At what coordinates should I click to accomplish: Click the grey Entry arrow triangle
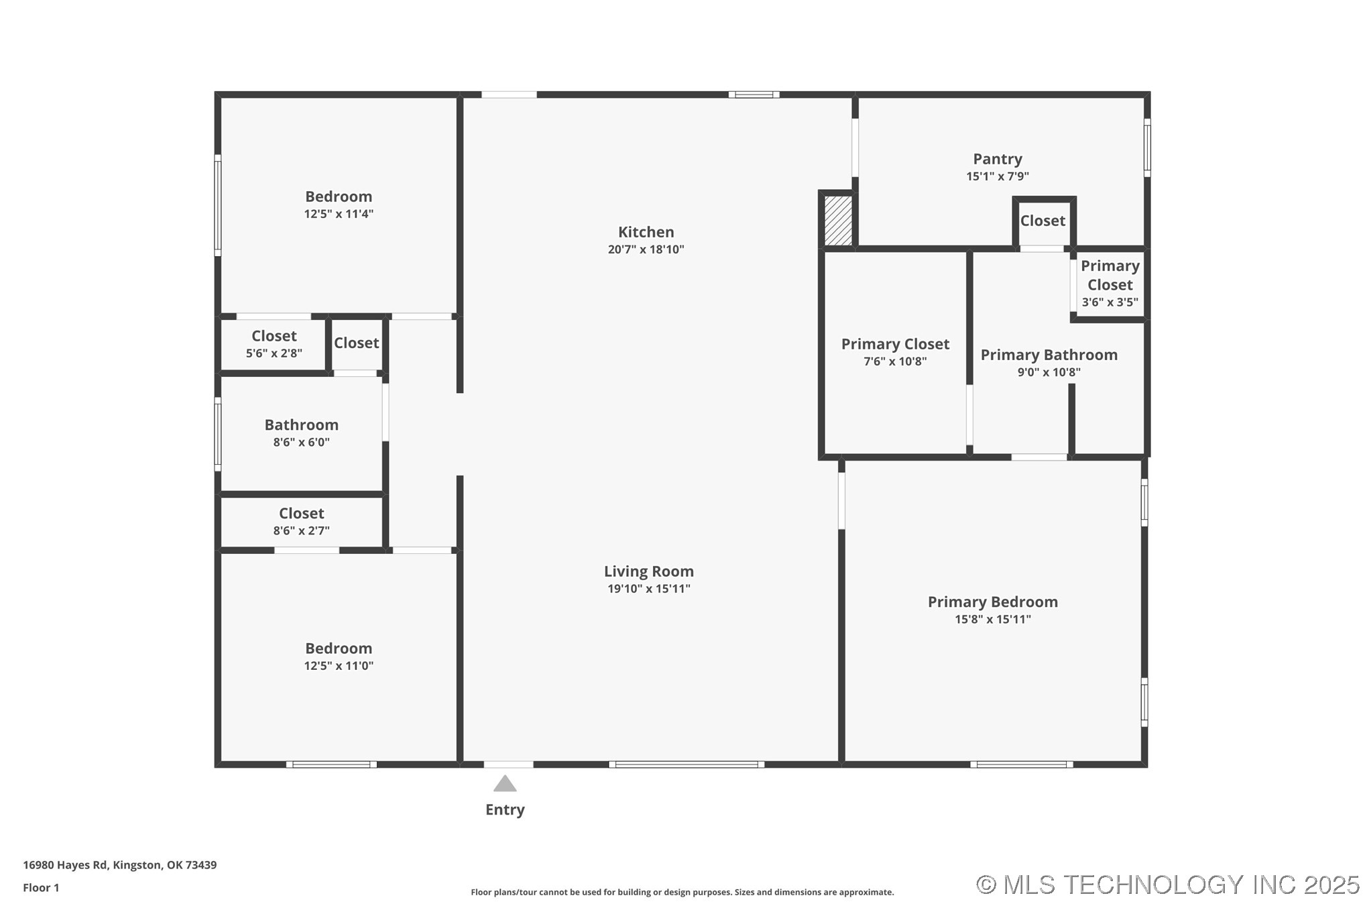pos(505,784)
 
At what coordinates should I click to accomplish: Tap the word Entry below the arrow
pos(505,809)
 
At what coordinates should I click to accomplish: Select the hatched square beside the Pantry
pos(837,220)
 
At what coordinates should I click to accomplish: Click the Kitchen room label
pos(646,232)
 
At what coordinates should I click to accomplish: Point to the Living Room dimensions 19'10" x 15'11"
pos(648,589)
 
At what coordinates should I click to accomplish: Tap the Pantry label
pos(997,159)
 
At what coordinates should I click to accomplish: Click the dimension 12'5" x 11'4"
pos(339,214)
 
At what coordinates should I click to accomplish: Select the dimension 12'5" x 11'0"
pos(339,666)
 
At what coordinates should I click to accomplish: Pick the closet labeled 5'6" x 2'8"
pos(274,344)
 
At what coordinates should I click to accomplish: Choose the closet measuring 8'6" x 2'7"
pos(301,521)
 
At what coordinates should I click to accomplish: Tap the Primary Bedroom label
pos(992,602)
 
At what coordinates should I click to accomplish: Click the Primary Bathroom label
pos(1049,355)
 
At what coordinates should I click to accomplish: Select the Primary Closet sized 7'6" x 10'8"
pos(895,351)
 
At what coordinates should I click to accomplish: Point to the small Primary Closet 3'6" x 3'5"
pos(1110,283)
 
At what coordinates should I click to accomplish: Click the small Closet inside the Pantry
pos(1043,221)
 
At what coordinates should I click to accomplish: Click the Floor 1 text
pos(41,888)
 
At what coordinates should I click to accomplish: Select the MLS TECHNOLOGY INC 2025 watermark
pos(1167,885)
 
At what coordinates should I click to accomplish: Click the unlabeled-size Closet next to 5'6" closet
pos(356,343)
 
